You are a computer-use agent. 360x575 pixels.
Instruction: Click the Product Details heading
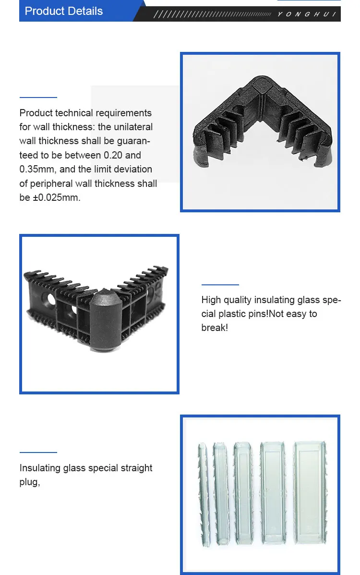coord(64,11)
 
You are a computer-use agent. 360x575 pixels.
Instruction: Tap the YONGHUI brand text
coord(307,14)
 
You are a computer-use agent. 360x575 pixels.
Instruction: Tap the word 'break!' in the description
coord(215,328)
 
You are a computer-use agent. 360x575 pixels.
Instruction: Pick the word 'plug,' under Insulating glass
coord(29,482)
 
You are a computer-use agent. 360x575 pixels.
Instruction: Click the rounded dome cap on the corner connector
coord(103,307)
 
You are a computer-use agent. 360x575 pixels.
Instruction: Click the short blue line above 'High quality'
coord(220,285)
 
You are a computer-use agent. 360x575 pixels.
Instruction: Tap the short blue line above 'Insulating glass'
coord(38,453)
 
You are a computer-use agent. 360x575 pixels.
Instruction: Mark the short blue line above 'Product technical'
coord(38,98)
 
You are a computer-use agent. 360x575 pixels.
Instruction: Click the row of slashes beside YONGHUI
coord(211,14)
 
